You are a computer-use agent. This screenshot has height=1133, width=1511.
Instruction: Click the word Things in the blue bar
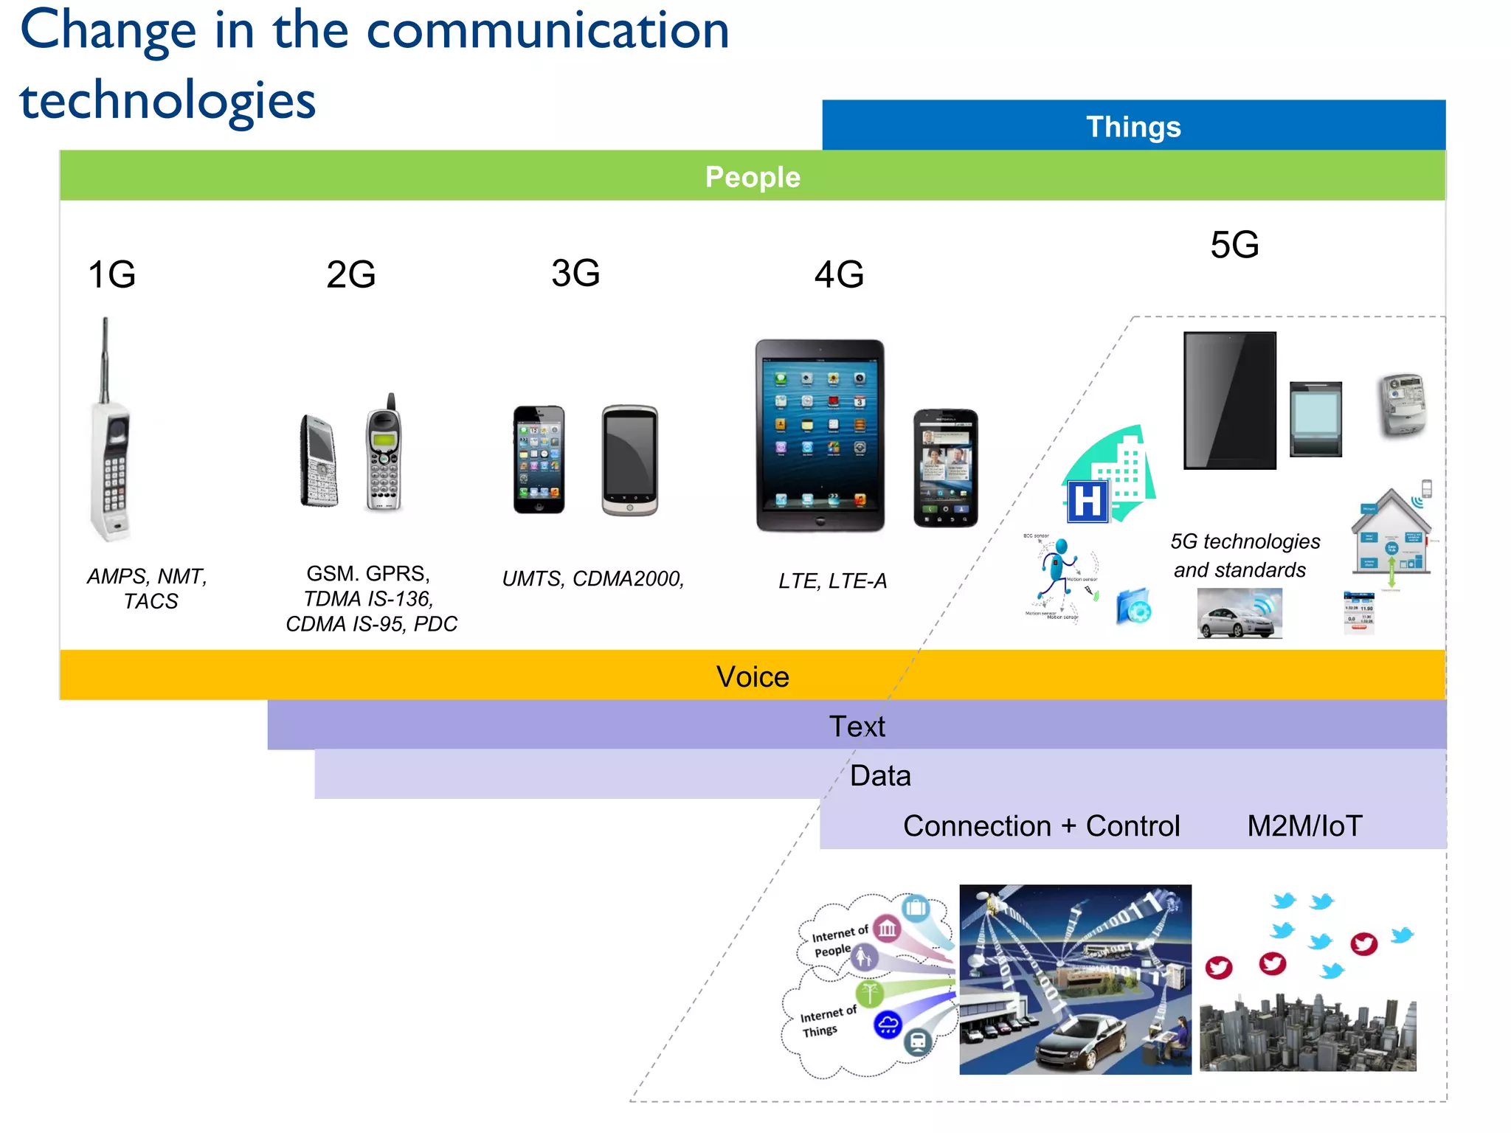pos(1133,127)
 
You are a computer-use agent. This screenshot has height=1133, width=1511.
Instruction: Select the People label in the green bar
pos(752,177)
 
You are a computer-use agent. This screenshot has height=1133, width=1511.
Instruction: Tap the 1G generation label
pos(111,274)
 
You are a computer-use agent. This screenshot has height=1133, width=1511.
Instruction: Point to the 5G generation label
pos(1234,245)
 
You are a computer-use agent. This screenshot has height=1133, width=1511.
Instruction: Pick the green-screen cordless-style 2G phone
pos(384,454)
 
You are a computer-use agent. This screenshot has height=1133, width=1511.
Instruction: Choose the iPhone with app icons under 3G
pos(539,460)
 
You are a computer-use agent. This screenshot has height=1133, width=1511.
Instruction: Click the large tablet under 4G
pos(820,435)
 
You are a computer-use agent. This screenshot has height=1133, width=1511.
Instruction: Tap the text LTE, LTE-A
pos(832,581)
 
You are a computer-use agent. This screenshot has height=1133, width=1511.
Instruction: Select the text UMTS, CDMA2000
pos(592,579)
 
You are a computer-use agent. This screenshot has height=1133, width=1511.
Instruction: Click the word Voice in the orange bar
pos(752,676)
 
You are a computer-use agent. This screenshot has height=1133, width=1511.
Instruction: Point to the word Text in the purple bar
pos(857,727)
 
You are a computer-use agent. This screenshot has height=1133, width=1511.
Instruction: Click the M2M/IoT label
pos(1304,826)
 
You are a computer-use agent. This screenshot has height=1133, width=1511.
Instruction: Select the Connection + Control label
pos(1041,826)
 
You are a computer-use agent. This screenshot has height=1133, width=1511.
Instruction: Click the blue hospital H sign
pos(1088,502)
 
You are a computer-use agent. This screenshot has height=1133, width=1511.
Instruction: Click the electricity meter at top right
pos(1403,405)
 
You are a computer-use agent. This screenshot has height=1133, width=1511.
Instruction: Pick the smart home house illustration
pos(1391,535)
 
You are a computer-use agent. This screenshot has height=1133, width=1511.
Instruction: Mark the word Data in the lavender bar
pos(879,776)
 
